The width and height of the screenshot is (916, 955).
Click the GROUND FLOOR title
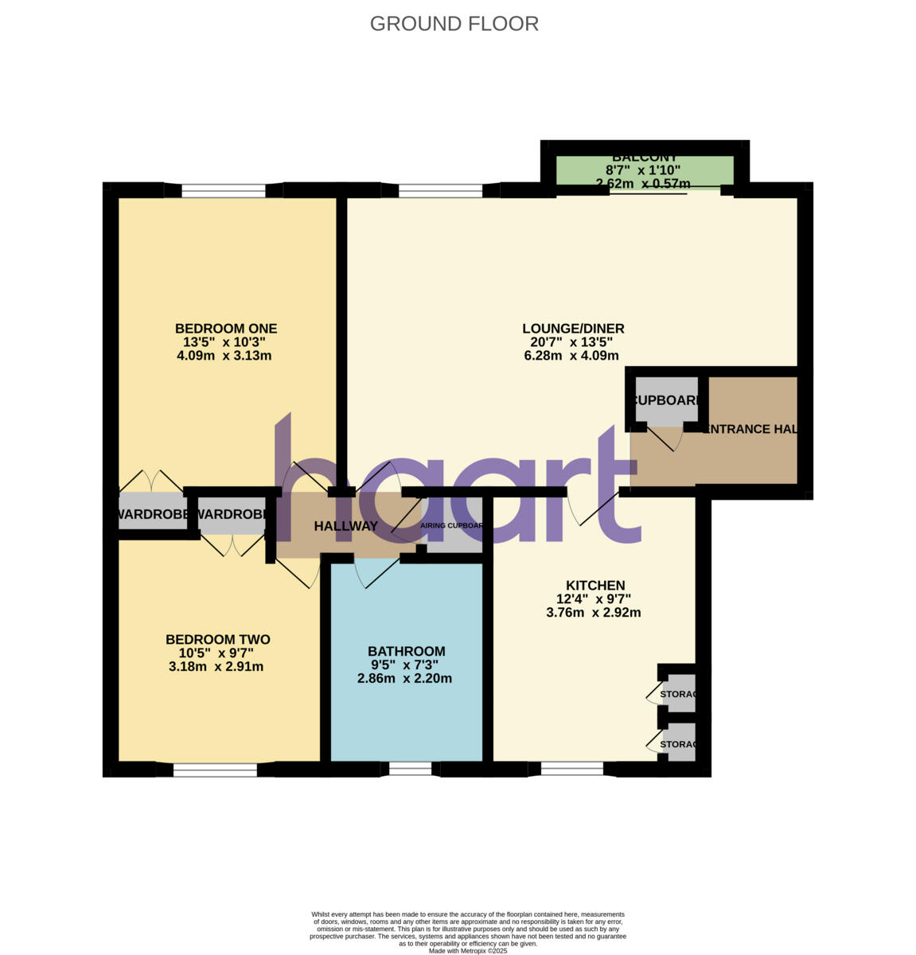454,24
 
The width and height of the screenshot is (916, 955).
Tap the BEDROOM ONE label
225,328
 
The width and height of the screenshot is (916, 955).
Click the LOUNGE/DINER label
572,328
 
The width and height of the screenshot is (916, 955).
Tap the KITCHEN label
594,586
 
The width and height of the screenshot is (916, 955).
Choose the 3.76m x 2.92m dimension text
594,613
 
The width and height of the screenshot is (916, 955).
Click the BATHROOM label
406,651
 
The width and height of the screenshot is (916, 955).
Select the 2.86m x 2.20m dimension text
404,679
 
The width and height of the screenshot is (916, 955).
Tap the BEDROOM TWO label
217,639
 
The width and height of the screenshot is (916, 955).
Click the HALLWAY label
345,526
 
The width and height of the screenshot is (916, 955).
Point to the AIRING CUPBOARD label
452,526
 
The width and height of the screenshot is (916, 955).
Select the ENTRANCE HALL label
750,429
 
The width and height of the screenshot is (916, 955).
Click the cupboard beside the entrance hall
666,400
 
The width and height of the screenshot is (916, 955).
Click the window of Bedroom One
224,191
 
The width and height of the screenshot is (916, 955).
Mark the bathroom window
411,769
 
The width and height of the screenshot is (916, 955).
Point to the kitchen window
571,769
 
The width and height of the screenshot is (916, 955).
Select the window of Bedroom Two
215,770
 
